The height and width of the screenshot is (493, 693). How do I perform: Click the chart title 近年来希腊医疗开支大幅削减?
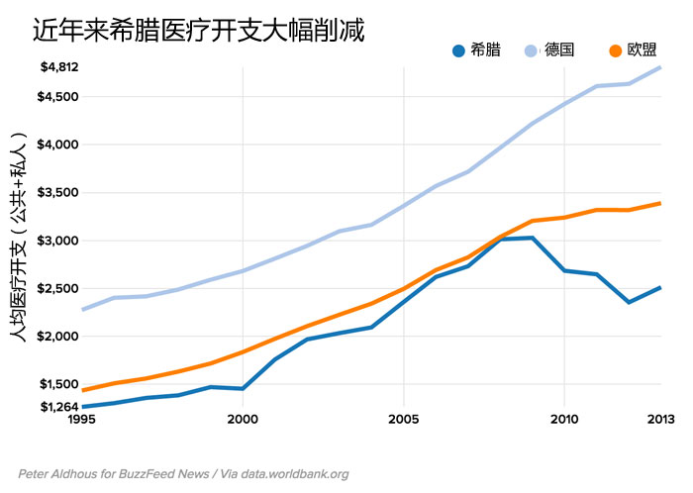pos(199,31)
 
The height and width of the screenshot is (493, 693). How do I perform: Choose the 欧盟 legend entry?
pos(643,50)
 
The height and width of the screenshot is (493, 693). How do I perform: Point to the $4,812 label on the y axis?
pos(59,67)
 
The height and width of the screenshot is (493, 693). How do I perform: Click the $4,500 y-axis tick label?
pos(59,97)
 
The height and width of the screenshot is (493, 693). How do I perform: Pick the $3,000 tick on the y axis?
pos(59,241)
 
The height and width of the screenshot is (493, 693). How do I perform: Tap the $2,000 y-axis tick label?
pos(59,337)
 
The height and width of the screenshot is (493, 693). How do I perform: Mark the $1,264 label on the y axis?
pos(59,407)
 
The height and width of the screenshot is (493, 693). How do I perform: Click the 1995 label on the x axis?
pos(82,420)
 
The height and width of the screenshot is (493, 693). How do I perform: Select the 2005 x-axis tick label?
pos(403,420)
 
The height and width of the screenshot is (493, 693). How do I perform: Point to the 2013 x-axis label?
pos(659,420)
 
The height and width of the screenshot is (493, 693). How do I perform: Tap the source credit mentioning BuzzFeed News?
pos(183,474)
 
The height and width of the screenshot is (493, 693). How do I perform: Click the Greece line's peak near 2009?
pos(533,238)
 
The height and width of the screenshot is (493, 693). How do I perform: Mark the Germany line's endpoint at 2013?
pos(660,67)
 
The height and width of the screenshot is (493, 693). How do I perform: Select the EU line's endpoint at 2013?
pos(660,203)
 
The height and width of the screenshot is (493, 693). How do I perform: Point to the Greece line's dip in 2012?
pos(629,302)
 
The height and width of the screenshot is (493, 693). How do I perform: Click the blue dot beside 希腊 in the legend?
pos(458,50)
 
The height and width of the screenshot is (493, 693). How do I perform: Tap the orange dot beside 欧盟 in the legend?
pos(615,50)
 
